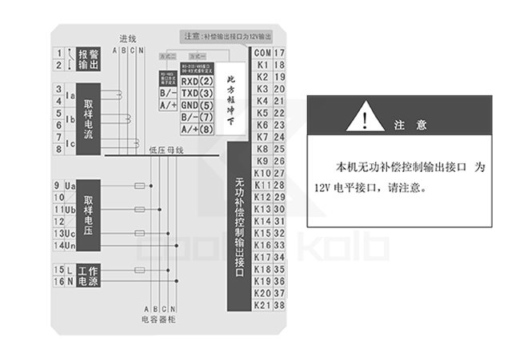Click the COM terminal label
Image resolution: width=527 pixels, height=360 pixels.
pos(262,54)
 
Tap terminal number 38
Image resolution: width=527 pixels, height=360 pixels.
pos(280,305)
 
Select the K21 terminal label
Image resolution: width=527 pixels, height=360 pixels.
pos(262,305)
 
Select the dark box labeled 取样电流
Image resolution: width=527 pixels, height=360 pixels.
pos(89,120)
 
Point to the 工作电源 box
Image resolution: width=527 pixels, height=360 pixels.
pos(88,276)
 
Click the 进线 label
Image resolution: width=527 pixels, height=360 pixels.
pos(128,38)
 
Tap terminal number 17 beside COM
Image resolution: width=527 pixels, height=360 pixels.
pos(280,54)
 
